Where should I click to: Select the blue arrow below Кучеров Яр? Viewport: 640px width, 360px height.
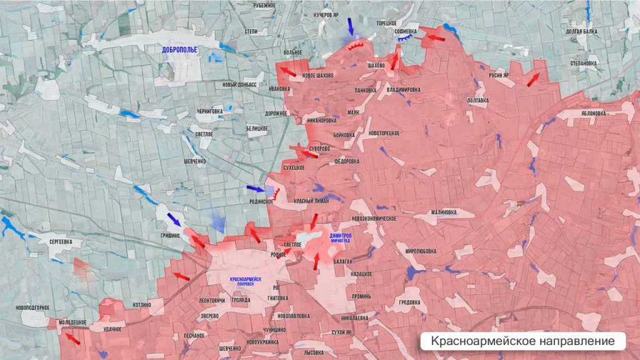[350, 26]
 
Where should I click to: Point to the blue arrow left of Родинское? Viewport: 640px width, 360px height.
[255, 189]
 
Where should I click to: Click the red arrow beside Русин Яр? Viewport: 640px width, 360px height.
[533, 79]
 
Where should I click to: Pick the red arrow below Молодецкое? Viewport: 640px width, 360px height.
[73, 339]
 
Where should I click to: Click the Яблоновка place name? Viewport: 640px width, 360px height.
[593, 114]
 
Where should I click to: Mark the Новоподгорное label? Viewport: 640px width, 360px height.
[33, 307]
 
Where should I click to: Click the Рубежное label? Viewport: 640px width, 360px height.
[264, 6]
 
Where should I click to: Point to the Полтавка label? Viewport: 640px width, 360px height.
[477, 100]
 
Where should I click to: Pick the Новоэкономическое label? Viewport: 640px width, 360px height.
[375, 219]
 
